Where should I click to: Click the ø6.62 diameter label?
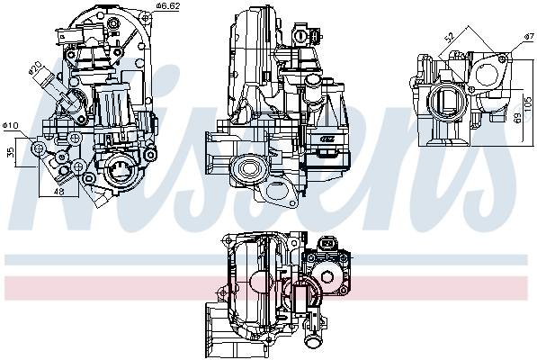(168, 6)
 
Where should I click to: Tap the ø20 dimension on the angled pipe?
(34, 69)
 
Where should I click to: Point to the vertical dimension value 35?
(11, 153)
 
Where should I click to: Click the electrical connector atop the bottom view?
(331, 245)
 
